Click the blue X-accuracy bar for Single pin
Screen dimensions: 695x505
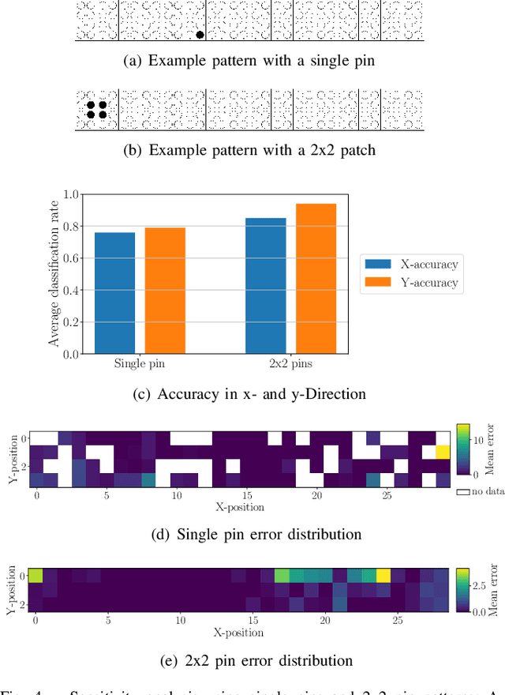coord(114,293)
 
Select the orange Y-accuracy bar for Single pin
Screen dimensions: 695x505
coord(164,291)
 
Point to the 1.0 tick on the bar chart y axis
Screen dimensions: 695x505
coord(72,194)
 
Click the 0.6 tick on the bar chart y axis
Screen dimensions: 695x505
coord(72,258)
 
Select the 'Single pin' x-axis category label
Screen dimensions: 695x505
coord(140,365)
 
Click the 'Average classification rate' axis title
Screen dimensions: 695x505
coord(54,272)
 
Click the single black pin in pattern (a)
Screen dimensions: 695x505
coord(200,34)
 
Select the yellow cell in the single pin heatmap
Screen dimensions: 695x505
coord(443,451)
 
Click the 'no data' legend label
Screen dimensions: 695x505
coord(484,492)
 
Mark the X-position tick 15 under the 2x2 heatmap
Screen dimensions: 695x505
coord(252,621)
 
